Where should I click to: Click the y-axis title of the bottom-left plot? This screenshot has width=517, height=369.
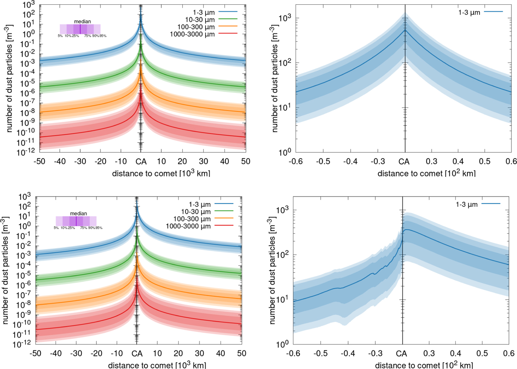coord(6,270)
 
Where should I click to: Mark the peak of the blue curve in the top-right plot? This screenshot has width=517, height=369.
coord(405,30)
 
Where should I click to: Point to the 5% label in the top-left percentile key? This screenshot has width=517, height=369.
coord(60,36)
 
